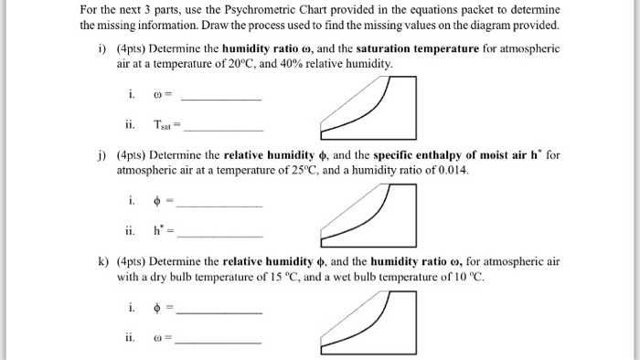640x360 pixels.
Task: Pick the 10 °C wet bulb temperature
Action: [x=461, y=277]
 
